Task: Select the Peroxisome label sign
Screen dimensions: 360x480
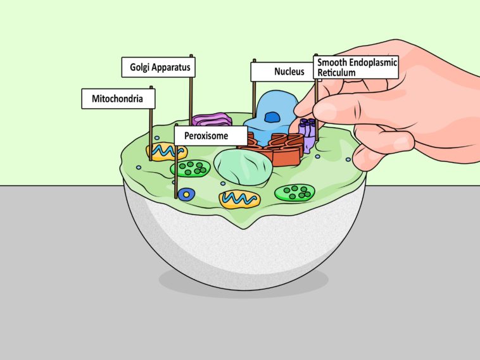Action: point(201,135)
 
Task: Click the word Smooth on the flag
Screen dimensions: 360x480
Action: point(331,63)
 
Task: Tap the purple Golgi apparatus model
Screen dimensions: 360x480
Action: point(213,120)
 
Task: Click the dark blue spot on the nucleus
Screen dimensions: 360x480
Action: point(272,116)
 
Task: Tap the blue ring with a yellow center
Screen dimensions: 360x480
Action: point(185,194)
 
